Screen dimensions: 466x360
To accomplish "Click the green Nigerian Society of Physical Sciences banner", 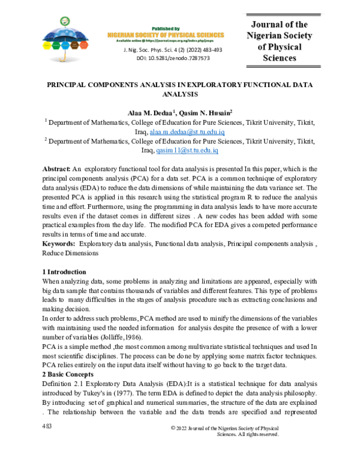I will pos(165,35).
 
